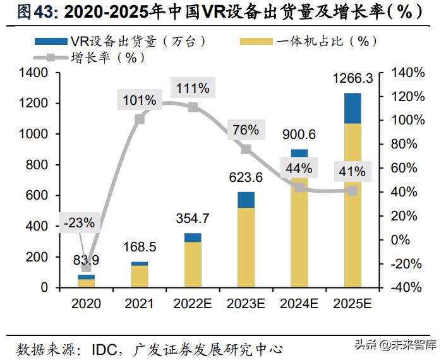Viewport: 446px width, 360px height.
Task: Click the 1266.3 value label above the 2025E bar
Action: click(352, 79)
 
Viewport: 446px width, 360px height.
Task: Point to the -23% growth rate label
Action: click(80, 222)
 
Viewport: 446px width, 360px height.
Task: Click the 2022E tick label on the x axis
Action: click(193, 304)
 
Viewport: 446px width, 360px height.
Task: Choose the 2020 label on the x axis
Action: click(87, 304)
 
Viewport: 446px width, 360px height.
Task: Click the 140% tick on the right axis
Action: click(408, 73)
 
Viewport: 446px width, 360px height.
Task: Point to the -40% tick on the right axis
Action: click(408, 287)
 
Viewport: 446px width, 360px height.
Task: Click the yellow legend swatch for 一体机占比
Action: click(256, 42)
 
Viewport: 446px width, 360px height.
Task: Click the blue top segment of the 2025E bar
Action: click(353, 108)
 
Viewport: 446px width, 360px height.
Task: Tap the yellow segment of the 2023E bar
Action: click(246, 246)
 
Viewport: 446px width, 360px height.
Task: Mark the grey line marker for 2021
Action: click(140, 118)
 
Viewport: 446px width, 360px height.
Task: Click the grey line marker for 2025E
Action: click(353, 191)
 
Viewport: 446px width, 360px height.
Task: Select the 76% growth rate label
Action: click(246, 130)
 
